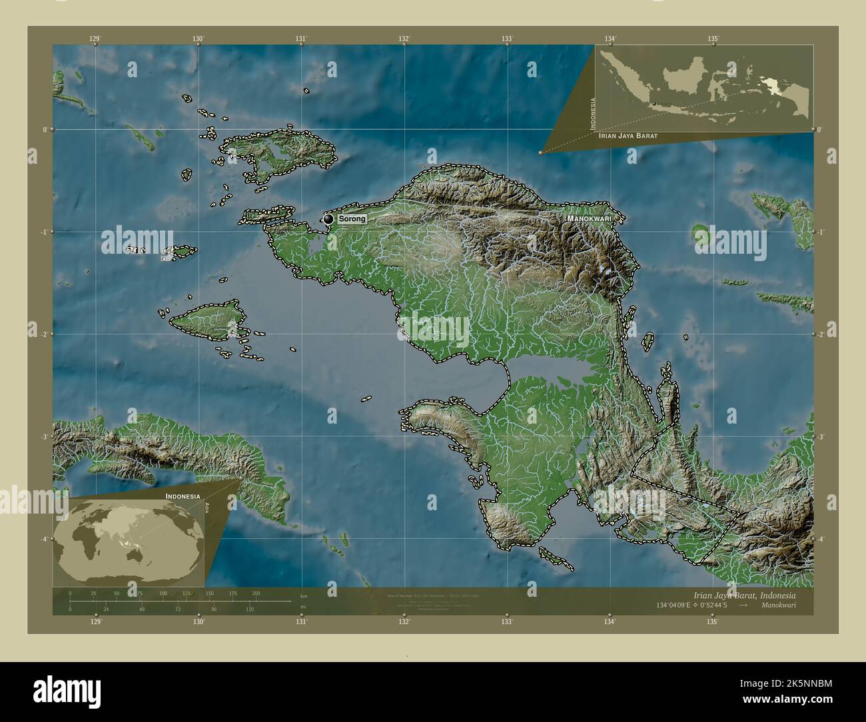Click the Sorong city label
pyautogui.click(x=351, y=219)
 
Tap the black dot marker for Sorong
pyautogui.click(x=328, y=219)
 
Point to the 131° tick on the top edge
pyautogui.click(x=301, y=39)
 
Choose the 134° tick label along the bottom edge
pyautogui.click(x=610, y=622)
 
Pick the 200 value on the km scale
pyautogui.click(x=256, y=593)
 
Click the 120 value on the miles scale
pyautogui.click(x=250, y=609)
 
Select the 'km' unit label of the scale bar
pyautogui.click(x=304, y=595)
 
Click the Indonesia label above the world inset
pyautogui.click(x=183, y=497)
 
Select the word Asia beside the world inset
pyautogui.click(x=209, y=507)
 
